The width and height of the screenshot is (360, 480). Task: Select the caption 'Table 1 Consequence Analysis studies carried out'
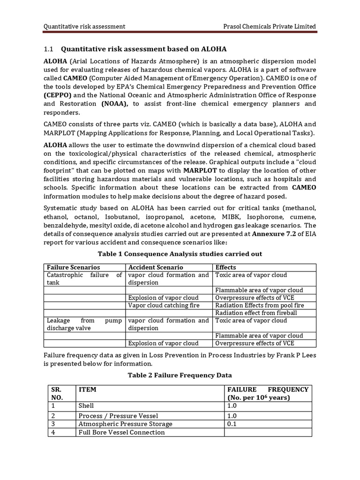pyautogui.click(x=180, y=254)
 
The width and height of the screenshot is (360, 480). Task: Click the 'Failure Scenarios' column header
pyautogui.click(x=73, y=267)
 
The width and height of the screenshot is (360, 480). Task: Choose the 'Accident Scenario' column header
pyautogui.click(x=155, y=267)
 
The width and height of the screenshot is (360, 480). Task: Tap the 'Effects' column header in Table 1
pyautogui.click(x=226, y=267)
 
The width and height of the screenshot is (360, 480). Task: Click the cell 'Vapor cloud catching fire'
pyautogui.click(x=164, y=305)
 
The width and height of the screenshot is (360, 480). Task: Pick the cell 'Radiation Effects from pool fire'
pyautogui.click(x=259, y=305)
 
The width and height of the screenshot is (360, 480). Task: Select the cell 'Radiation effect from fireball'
pyautogui.click(x=256, y=313)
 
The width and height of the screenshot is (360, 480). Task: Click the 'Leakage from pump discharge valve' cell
pyautogui.click(x=84, y=324)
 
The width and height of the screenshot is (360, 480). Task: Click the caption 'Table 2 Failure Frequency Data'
pyautogui.click(x=180, y=375)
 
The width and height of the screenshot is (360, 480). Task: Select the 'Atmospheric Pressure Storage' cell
pyautogui.click(x=125, y=424)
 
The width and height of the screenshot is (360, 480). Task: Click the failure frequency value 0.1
pyautogui.click(x=232, y=424)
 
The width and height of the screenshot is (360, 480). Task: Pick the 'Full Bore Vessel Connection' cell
pyautogui.click(x=121, y=432)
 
